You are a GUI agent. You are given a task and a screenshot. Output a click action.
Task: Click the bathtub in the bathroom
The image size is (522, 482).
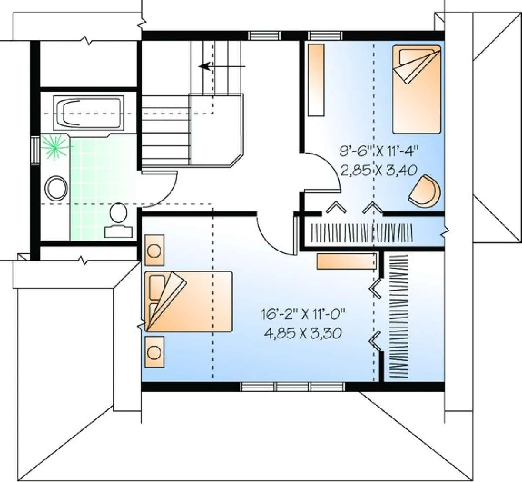tap(89, 113)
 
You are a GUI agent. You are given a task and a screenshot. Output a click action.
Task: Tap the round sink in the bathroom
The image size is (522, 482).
tap(56, 188)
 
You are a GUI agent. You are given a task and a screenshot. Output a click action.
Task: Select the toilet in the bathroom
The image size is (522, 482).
tap(119, 221)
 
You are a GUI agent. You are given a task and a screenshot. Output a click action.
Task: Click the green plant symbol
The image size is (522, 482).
tap(55, 147)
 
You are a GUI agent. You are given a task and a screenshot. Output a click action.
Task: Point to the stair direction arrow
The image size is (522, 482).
tap(222, 66)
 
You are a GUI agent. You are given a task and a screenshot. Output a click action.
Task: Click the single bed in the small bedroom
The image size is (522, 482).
tap(417, 89)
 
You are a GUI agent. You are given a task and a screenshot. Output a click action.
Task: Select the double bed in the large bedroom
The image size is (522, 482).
tap(188, 301)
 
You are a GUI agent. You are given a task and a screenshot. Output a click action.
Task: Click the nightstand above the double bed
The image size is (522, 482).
tap(154, 250)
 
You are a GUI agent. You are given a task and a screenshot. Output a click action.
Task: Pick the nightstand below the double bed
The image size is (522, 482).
tap(154, 351)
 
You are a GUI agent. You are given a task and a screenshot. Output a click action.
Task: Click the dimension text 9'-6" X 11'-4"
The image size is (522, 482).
tap(379, 151)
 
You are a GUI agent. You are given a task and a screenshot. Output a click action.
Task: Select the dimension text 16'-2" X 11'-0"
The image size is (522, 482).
tap(303, 314)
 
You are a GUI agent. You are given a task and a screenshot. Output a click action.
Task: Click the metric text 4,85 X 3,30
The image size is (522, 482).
tap(303, 333)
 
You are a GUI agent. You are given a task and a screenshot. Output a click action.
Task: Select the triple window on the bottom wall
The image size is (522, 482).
tap(293, 386)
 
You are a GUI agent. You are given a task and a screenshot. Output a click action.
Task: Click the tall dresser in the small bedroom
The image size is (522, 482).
tap(316, 80)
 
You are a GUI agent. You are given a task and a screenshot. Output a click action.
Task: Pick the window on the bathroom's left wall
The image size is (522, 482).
tap(35, 150)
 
